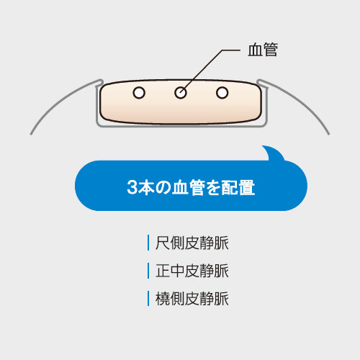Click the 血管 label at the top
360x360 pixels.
pos(263,50)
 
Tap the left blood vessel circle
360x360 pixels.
pos(139,93)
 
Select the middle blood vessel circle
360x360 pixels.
pos(181,93)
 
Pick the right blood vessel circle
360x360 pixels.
pos(222,93)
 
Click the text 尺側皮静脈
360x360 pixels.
pos(192,243)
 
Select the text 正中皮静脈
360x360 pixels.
pos(192,271)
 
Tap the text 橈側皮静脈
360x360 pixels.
pos(192,299)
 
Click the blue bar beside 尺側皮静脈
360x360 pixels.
pos(148,243)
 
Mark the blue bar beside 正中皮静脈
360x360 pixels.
pos(148,271)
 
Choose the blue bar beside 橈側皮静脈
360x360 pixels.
pos(148,299)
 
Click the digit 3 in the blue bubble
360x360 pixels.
pos(132,187)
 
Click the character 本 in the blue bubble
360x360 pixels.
pos(146,187)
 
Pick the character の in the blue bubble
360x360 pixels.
pos(163,187)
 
